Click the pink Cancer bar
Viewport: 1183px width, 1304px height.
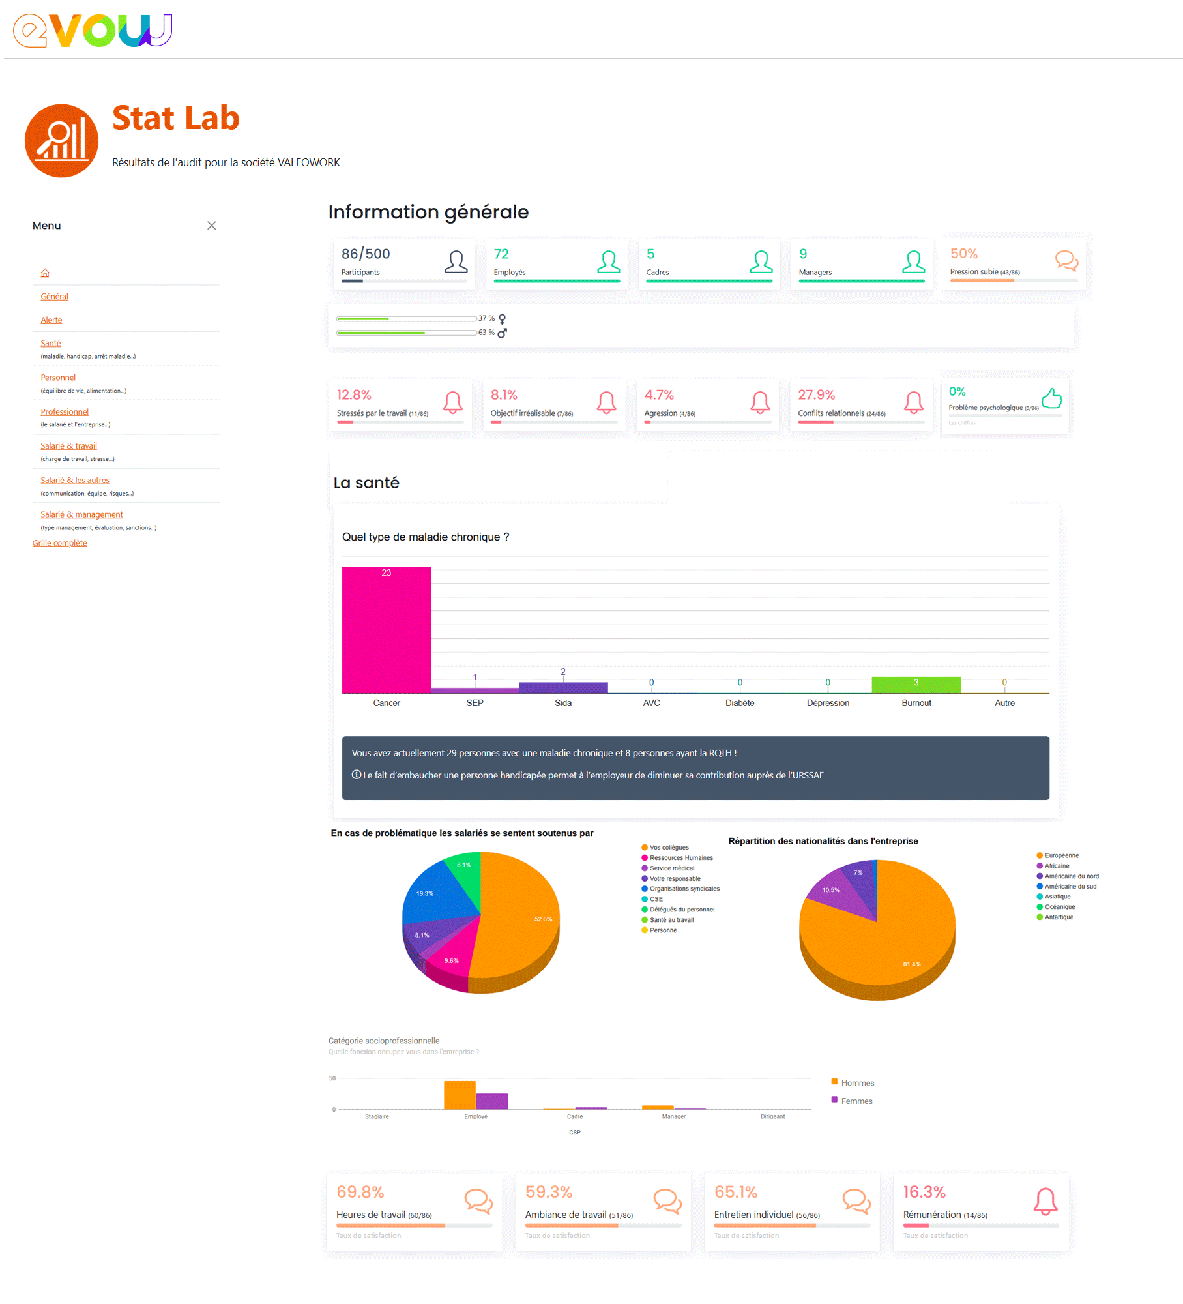point(386,630)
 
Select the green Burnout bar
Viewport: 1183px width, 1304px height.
point(916,685)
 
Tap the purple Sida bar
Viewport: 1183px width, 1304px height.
point(563,687)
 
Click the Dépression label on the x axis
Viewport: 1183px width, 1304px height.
point(828,703)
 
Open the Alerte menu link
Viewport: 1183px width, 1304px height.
point(51,320)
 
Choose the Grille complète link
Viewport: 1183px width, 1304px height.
point(59,543)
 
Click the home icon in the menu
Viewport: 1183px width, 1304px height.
point(45,273)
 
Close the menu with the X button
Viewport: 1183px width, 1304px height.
point(211,226)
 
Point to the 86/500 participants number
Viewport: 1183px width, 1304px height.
point(366,254)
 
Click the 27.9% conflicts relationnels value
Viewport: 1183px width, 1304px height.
point(816,395)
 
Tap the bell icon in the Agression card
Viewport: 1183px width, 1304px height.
point(760,402)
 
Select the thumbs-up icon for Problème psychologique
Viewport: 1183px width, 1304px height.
point(1051,398)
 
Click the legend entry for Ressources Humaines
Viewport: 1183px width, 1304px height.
point(680,858)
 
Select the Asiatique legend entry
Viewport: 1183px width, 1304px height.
point(1057,896)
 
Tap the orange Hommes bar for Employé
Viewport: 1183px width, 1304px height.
point(460,1095)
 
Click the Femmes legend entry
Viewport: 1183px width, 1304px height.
point(856,1101)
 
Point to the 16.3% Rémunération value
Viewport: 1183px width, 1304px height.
point(924,1192)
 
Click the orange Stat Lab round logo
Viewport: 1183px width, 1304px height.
point(61,141)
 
